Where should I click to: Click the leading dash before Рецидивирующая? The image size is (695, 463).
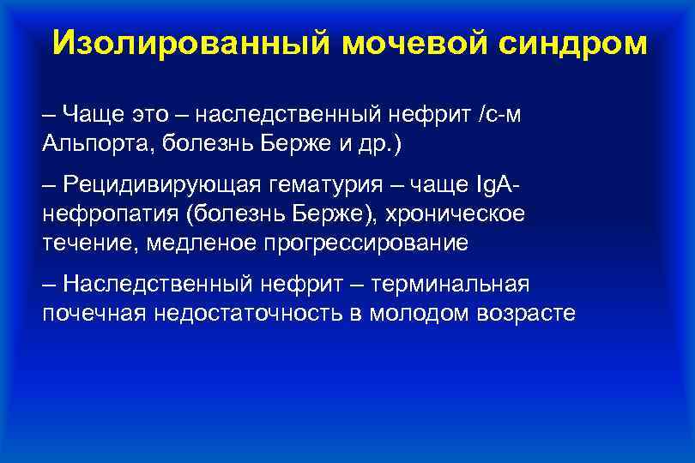[x=50, y=185]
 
